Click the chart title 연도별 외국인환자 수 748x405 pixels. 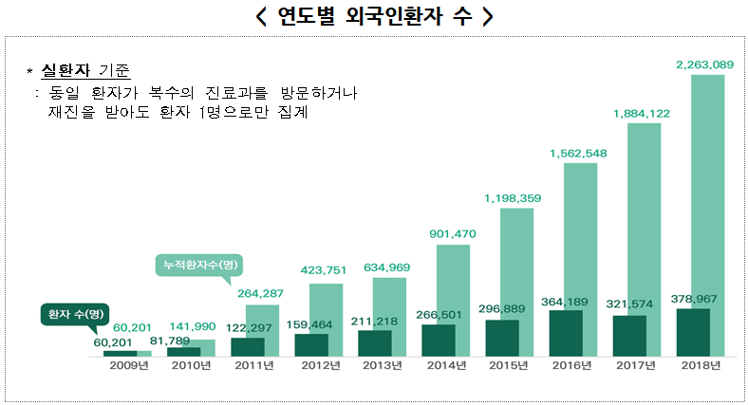[x=374, y=17]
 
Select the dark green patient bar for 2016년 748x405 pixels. [x=566, y=332]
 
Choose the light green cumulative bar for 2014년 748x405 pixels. [x=453, y=285]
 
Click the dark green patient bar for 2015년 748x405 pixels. [x=502, y=338]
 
